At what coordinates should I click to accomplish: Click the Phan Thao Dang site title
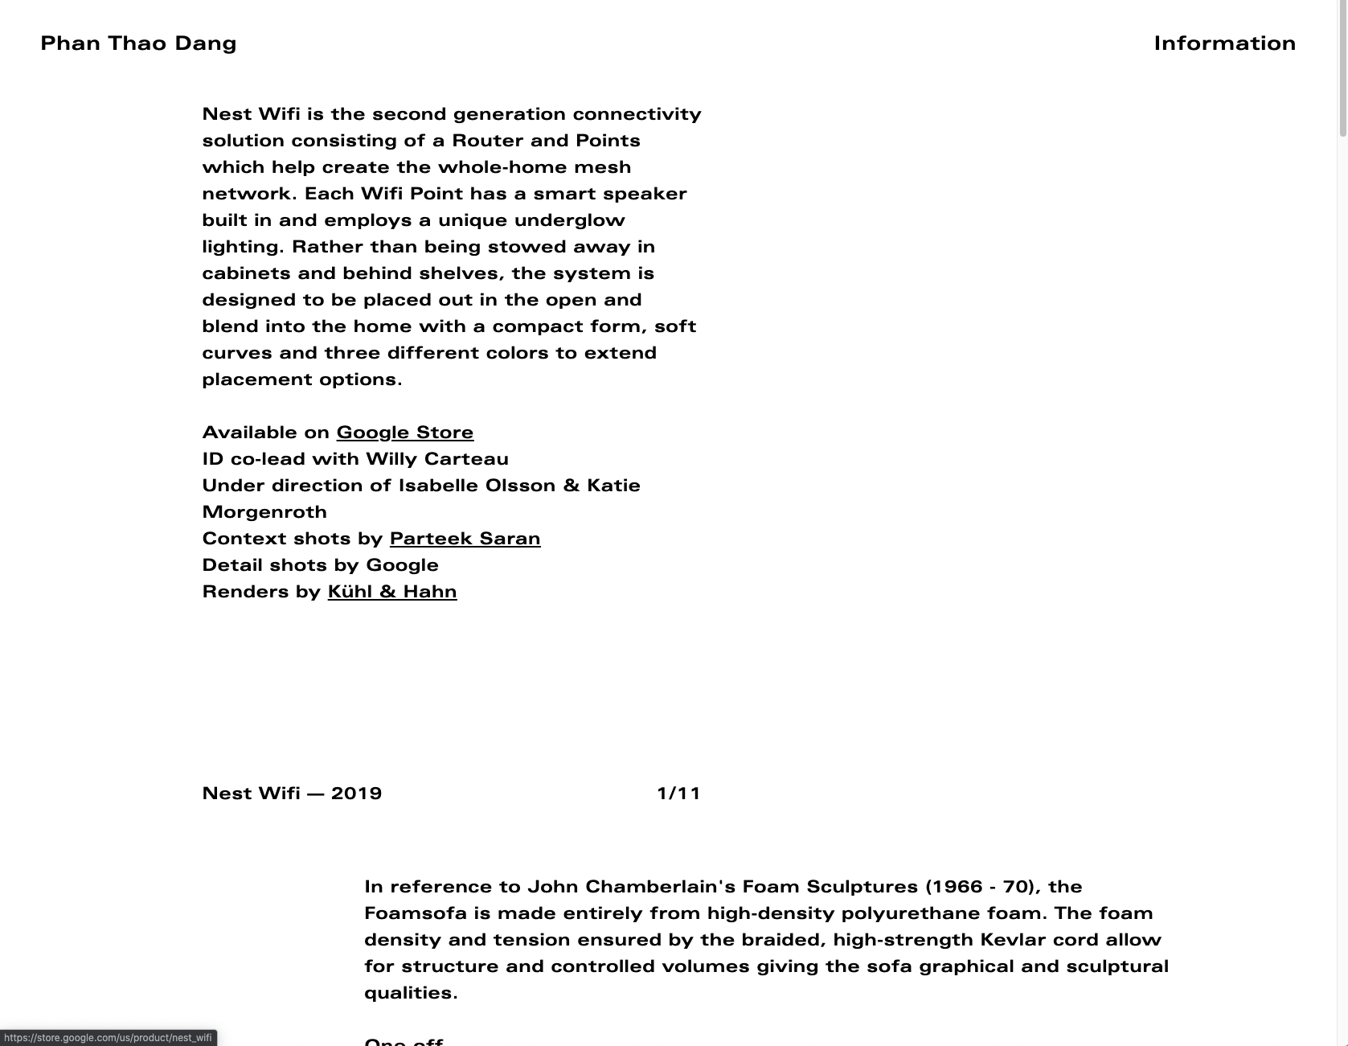[x=138, y=43]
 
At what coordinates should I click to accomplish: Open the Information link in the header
[x=1224, y=43]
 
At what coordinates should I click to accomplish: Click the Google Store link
[x=404, y=433]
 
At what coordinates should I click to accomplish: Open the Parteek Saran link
[x=465, y=539]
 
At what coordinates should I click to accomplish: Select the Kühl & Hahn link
[x=392, y=592]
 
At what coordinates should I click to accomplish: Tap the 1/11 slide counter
[x=678, y=794]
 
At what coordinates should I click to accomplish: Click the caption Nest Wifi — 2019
[x=292, y=794]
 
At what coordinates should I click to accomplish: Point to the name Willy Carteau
[x=436, y=459]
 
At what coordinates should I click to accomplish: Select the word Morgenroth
[x=264, y=512]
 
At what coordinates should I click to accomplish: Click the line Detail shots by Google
[x=320, y=565]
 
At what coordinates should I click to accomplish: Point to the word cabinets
[x=246, y=273]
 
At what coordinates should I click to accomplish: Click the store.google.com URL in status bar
[x=108, y=1038]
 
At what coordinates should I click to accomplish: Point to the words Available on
[x=265, y=433]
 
